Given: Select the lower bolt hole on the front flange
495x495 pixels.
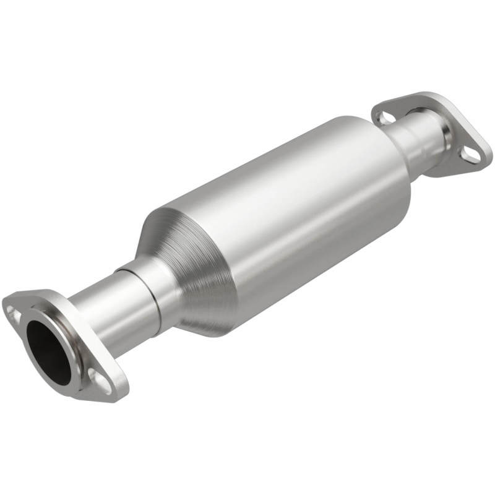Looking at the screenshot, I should [x=98, y=378].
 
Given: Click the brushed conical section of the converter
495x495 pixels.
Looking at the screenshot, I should [x=186, y=260].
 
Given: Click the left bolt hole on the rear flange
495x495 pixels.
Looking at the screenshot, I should [x=385, y=116].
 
